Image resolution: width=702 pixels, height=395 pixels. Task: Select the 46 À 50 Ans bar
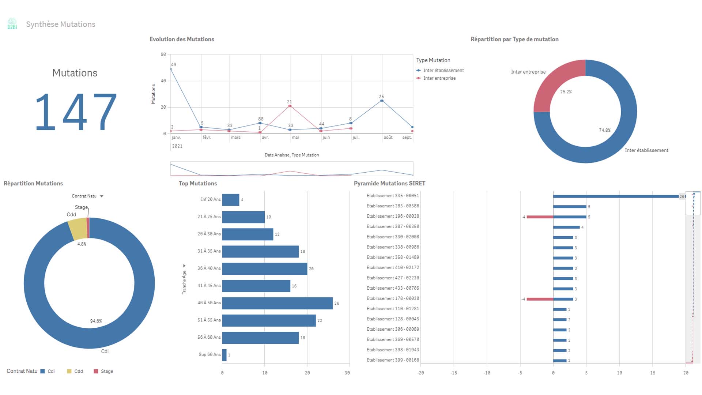(277, 303)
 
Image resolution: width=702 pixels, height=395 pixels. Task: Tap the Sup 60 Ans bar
(224, 355)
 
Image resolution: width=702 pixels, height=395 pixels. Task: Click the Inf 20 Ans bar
(230, 200)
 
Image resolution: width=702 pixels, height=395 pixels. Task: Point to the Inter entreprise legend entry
(439, 78)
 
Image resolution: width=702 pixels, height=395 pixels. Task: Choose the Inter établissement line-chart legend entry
(443, 71)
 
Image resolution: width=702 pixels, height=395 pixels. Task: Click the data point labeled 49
(171, 69)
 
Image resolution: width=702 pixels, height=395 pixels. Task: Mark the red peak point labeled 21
(290, 106)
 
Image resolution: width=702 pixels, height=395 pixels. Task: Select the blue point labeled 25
(382, 101)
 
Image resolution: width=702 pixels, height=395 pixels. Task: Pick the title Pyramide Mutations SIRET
(389, 183)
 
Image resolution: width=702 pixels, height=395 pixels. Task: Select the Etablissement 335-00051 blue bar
(616, 196)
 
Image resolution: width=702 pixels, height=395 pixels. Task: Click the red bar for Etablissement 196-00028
(540, 217)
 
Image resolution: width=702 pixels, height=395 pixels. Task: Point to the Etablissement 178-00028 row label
(393, 298)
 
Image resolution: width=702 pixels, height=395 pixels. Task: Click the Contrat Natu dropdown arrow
(102, 196)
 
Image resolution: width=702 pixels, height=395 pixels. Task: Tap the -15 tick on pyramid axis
(453, 373)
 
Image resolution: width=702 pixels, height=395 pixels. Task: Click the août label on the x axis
(388, 138)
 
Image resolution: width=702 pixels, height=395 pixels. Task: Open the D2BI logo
(12, 24)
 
